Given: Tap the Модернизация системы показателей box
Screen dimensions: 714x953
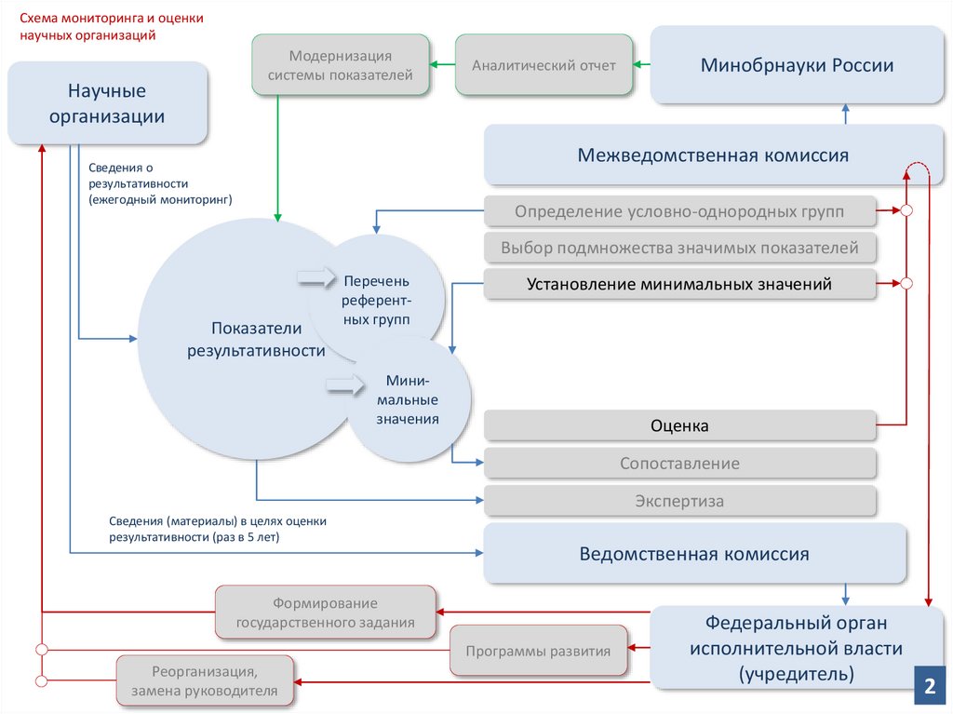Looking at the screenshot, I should pos(340,65).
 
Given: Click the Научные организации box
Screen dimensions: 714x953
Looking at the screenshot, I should pos(107,103).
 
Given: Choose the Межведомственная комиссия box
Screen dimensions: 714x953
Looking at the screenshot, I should pos(713,155).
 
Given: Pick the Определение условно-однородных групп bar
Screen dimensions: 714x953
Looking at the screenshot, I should pos(679,212).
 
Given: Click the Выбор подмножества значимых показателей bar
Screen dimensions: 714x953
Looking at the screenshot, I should pos(679,249).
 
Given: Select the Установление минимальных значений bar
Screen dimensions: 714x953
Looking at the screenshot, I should pos(679,284).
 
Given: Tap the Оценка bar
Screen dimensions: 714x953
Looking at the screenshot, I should pos(679,425).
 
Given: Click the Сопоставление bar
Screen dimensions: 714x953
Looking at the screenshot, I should pos(679,463).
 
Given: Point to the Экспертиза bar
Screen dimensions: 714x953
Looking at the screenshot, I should pos(679,501).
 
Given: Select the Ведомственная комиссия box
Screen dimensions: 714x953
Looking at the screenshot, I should pos(694,554).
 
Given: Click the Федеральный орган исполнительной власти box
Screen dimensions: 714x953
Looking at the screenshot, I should pos(796,648).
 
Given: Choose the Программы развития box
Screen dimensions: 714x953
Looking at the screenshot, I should pos(538,651).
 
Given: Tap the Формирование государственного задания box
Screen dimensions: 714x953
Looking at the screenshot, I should pos(326,613).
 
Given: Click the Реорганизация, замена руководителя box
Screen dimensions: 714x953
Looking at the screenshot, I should pos(205,680).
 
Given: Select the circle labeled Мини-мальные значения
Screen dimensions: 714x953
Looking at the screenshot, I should pos(408,400).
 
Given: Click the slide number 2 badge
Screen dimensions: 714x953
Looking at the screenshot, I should pos(928,688).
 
